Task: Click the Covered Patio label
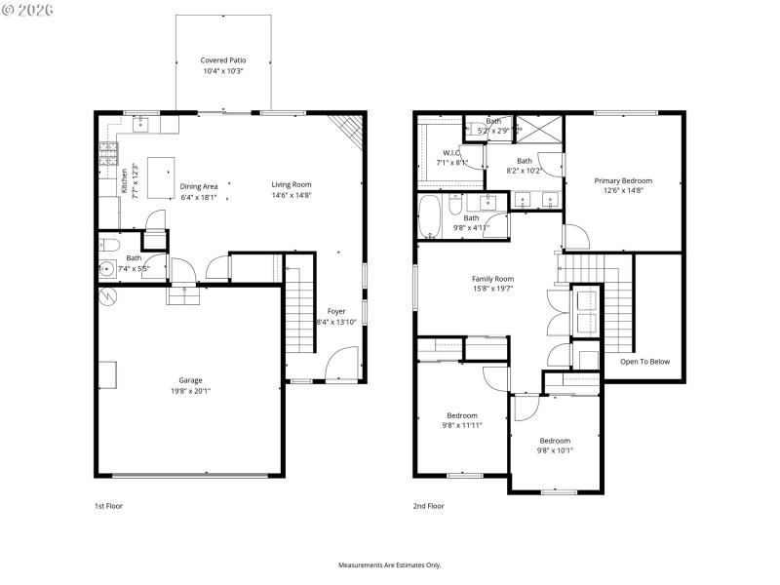click(222, 59)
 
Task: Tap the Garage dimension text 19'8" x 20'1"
click(194, 391)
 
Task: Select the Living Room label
click(291, 184)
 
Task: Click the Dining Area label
click(199, 185)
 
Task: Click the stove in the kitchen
click(107, 153)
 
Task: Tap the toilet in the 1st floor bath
click(107, 245)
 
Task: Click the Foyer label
click(336, 311)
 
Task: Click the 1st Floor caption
click(108, 506)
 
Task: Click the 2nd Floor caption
click(428, 506)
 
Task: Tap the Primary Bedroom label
click(623, 180)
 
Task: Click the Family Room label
click(492, 278)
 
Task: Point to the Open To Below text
click(645, 362)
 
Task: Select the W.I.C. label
click(450, 152)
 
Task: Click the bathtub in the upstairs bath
click(430, 217)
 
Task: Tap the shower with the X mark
click(539, 129)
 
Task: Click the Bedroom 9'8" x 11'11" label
click(461, 414)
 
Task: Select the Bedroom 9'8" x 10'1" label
click(555, 440)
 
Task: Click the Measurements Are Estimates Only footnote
click(389, 565)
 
